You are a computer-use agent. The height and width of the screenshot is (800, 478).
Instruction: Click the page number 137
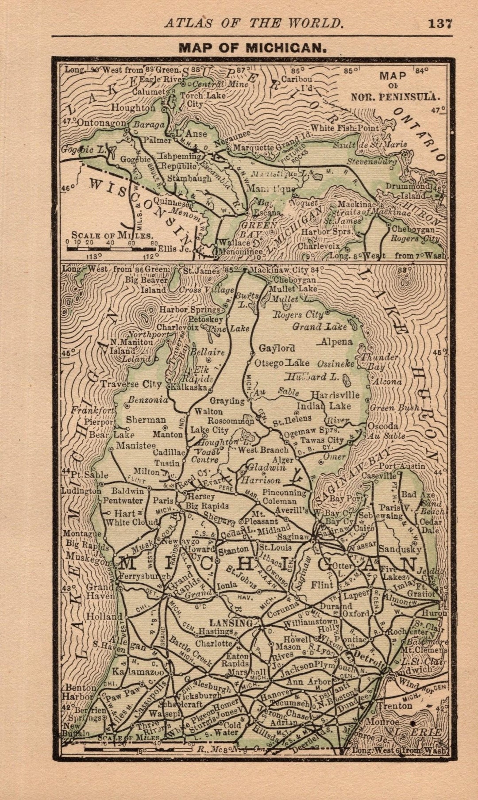pyautogui.click(x=440, y=23)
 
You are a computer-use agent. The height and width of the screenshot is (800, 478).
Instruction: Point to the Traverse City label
pyautogui.click(x=131, y=384)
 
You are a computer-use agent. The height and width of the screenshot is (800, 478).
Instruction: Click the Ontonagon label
pyautogui.click(x=101, y=123)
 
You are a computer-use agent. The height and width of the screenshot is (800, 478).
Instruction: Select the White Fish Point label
pyautogui.click(x=345, y=128)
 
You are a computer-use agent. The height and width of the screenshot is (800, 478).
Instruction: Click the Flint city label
pyautogui.click(x=322, y=585)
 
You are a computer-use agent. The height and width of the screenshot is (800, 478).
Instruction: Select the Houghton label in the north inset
pyautogui.click(x=133, y=107)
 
